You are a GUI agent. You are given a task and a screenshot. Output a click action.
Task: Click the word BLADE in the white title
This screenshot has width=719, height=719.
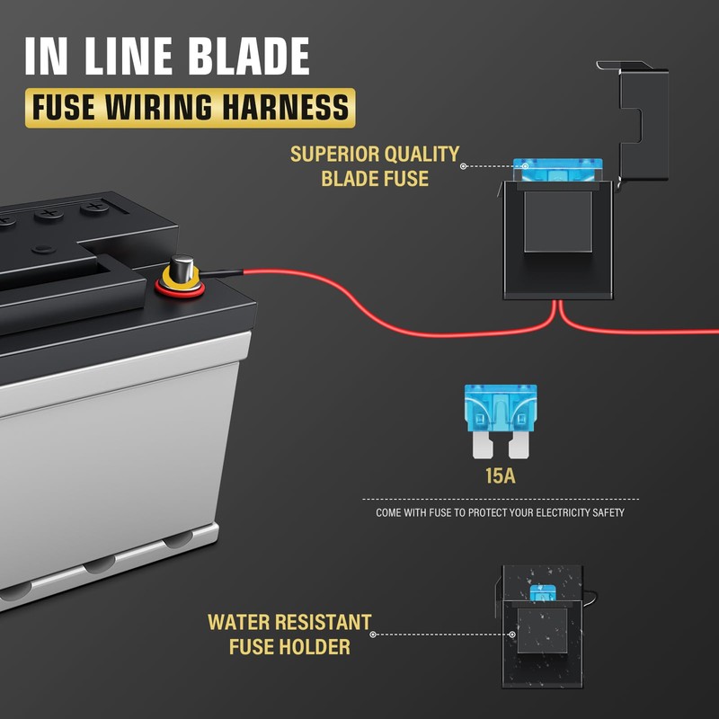250,56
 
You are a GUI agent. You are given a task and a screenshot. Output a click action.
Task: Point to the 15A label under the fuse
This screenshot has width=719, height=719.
501,475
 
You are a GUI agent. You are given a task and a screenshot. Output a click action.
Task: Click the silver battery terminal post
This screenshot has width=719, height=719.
182,268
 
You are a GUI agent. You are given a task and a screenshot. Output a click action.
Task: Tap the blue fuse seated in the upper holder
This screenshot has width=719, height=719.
557,170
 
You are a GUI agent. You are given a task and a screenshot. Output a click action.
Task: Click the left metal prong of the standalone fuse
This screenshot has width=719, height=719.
484,445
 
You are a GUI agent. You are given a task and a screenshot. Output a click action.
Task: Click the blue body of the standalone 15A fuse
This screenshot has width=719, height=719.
501,408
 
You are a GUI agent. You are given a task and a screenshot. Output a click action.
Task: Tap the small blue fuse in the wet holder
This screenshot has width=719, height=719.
543,593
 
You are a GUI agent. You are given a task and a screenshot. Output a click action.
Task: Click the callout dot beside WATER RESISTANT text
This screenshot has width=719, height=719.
373,635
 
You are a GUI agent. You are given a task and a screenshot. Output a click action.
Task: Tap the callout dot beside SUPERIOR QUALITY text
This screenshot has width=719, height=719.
463,166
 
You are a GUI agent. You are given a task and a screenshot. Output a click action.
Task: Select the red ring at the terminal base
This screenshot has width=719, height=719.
180,289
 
